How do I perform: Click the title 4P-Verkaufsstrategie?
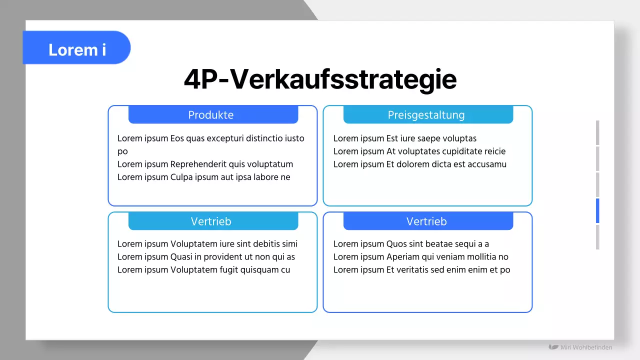tap(320, 79)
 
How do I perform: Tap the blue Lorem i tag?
tap(77, 49)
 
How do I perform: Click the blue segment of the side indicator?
tap(597, 210)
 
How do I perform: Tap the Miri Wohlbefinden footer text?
tap(585, 347)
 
